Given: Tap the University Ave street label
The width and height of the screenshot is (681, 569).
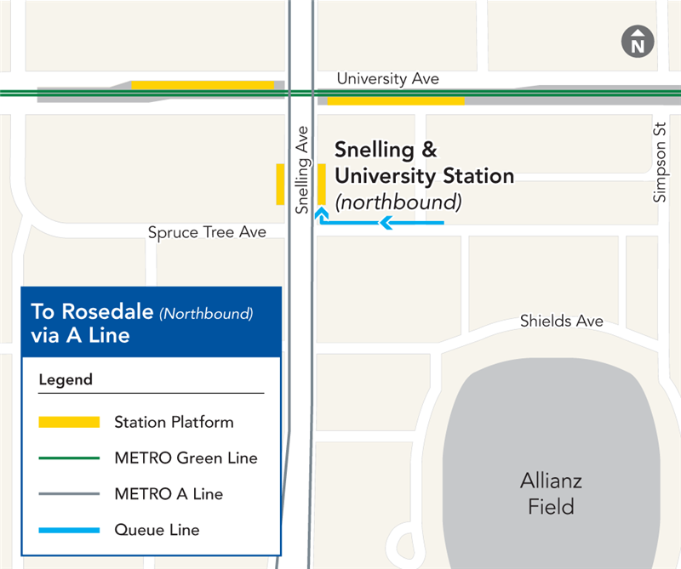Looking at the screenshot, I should pos(387,78).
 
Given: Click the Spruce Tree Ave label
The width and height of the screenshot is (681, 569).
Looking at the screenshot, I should pos(207,232).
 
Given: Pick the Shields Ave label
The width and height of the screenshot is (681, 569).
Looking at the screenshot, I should pos(562,321).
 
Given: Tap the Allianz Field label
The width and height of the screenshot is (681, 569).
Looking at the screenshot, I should pos(551,494).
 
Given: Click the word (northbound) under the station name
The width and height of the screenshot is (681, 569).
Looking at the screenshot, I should pos(398,202).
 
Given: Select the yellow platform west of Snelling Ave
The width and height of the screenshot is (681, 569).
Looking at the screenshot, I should pos(280,184).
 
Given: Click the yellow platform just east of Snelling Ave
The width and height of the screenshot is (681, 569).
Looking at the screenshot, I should pos(322,184).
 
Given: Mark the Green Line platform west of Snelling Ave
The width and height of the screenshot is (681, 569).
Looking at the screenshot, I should pos(203,85).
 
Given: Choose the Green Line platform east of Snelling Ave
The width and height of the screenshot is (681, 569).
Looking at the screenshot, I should pos(396,100).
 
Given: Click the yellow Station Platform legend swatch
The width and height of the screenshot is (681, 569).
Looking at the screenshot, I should pos(69,422).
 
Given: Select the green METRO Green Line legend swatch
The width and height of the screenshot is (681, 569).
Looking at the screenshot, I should pos(69,458).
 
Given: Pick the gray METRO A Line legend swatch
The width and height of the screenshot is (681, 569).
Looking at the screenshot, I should pos(69,494).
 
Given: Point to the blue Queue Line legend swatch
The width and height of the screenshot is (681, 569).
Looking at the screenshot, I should pos(69,530).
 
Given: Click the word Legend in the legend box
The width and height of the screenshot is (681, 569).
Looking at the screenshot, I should pos(66,379).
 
